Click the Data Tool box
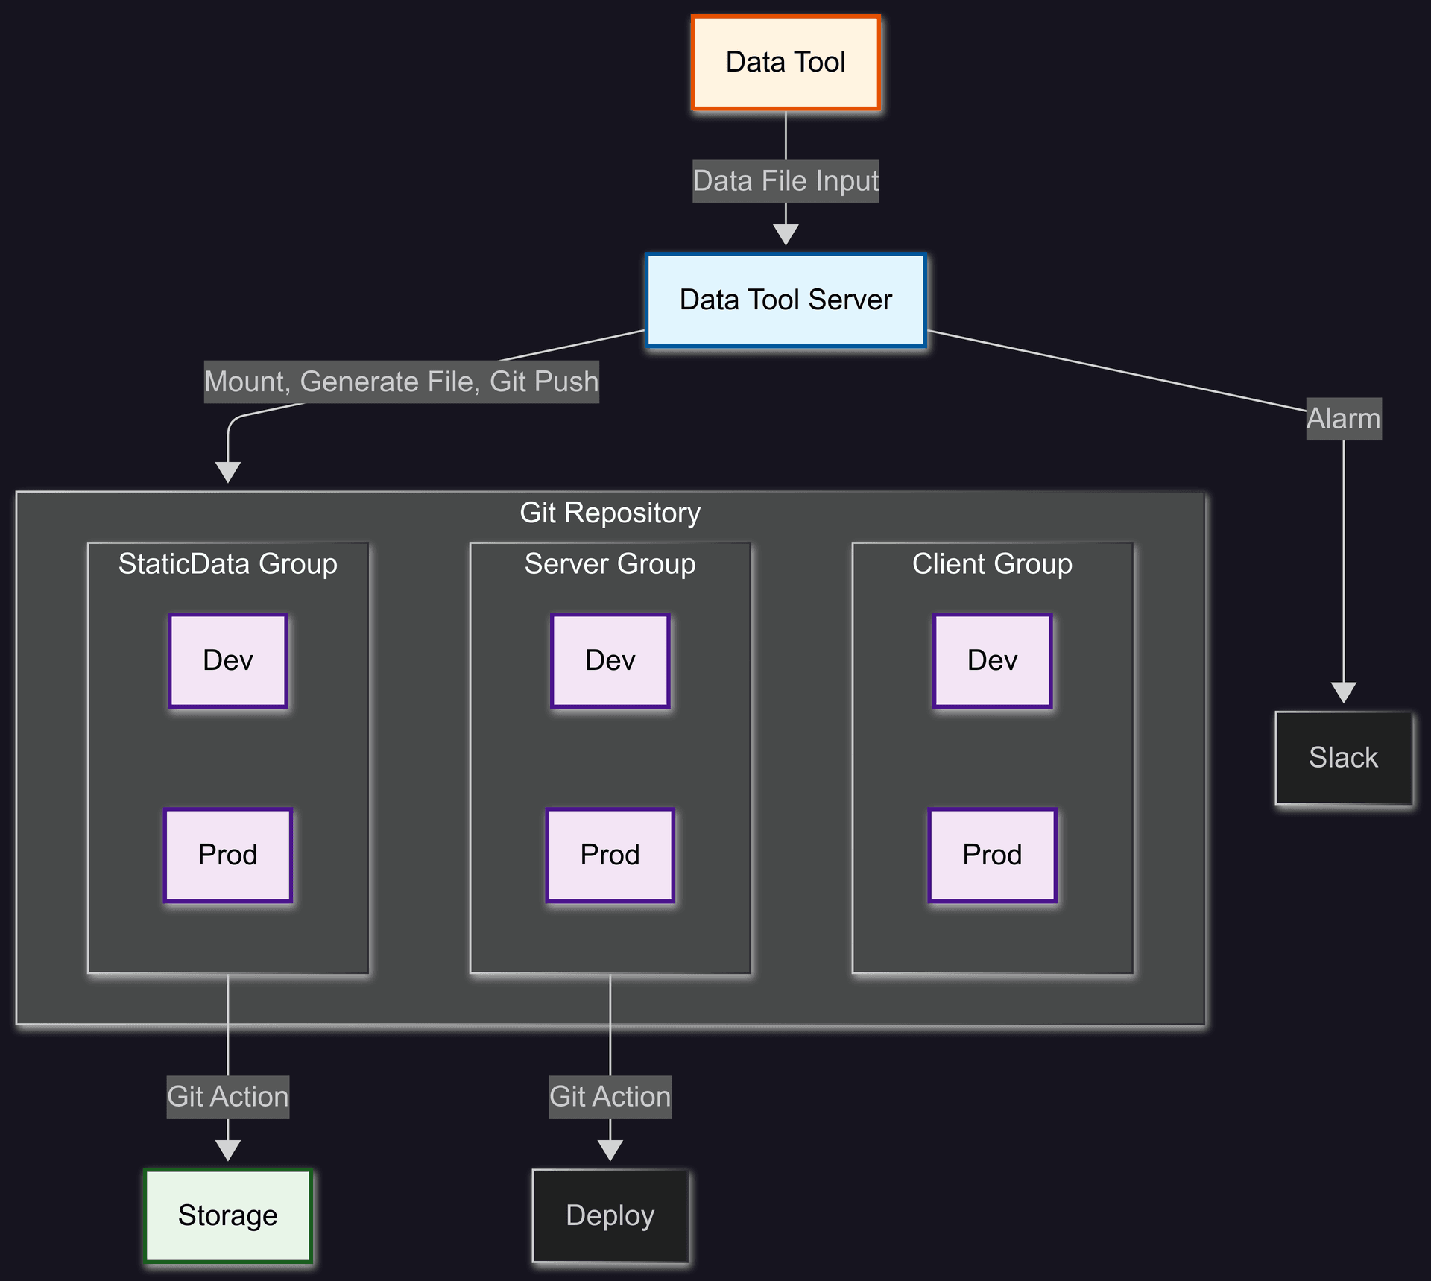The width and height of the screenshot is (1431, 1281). point(786,63)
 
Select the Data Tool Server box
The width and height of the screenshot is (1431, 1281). point(786,300)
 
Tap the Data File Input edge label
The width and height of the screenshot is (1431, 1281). point(786,181)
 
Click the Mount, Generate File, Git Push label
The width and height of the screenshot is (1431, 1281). point(402,382)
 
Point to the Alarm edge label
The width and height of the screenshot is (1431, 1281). point(1343,419)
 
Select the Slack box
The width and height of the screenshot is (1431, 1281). point(1343,758)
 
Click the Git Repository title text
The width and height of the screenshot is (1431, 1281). point(610,513)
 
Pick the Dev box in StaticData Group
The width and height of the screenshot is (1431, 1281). point(228,660)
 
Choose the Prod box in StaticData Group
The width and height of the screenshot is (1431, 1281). point(228,855)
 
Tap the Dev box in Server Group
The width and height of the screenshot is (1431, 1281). point(610,660)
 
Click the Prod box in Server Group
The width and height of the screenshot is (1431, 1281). point(610,855)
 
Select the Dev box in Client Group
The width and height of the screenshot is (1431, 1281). point(992,660)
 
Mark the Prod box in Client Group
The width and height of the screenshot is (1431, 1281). point(992,855)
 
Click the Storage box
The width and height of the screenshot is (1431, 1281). point(228,1215)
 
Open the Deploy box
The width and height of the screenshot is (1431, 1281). point(610,1215)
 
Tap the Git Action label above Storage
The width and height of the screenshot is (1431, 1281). point(228,1097)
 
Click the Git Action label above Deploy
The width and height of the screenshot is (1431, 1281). point(610,1097)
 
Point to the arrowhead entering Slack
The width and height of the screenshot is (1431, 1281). point(1343,692)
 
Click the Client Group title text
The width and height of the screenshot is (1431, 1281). point(992,564)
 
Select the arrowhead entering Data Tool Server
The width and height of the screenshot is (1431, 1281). point(786,235)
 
